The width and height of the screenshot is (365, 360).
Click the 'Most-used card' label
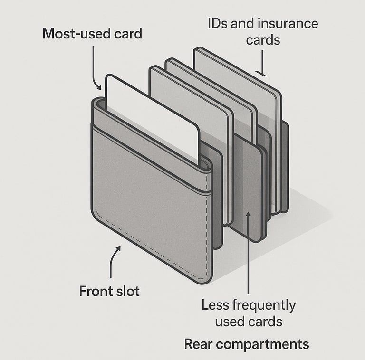click(92, 34)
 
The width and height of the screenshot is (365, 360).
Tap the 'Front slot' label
click(109, 291)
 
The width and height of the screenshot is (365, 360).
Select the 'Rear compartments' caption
click(246, 344)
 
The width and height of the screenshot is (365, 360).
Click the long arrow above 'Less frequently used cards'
click(248, 252)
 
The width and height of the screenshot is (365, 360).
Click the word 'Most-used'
click(72, 34)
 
